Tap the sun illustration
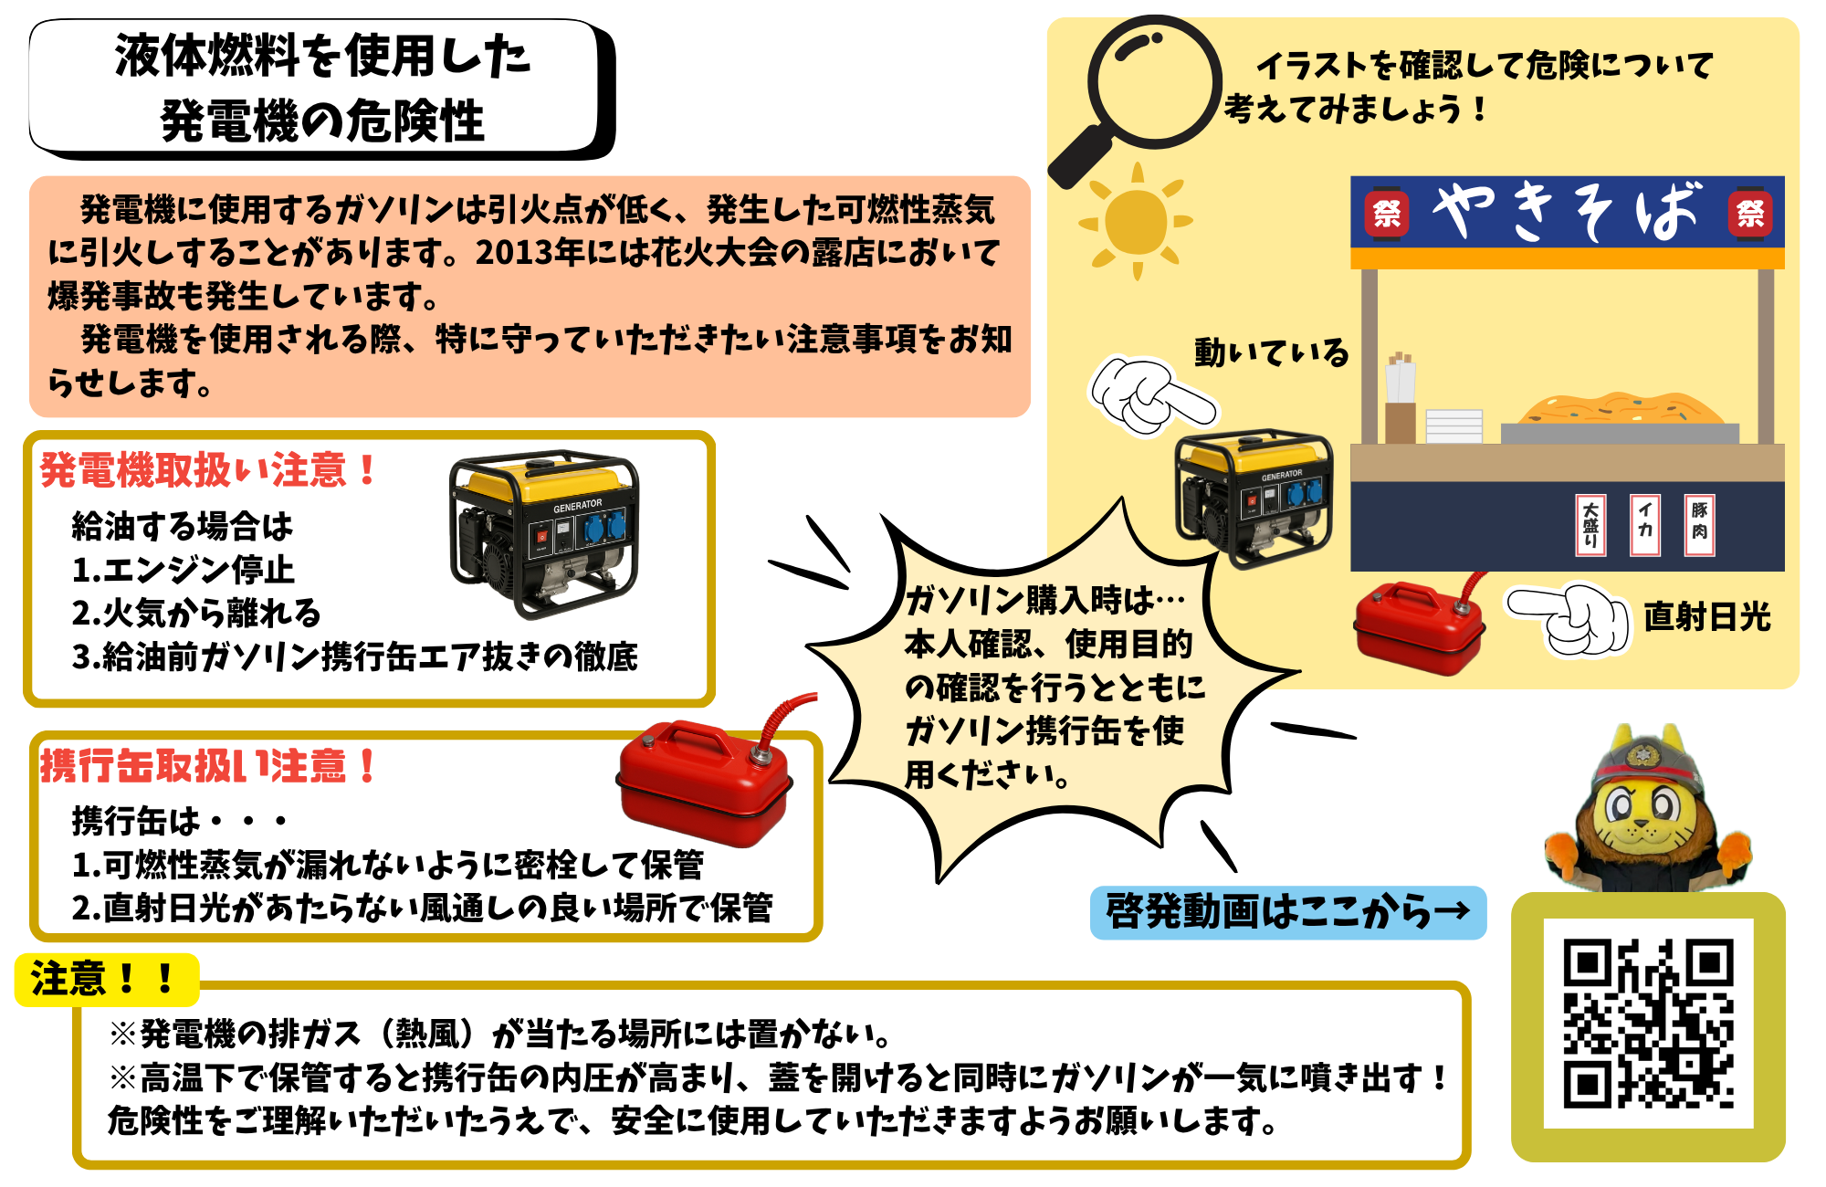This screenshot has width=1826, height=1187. tap(1136, 222)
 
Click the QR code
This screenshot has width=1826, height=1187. tap(1648, 1024)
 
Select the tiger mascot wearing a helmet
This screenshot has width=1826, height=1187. tap(1647, 808)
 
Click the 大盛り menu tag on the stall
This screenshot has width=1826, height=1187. tap(1590, 525)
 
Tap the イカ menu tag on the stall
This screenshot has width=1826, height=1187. tap(1645, 525)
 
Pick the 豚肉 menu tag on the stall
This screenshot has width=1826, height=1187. tap(1700, 525)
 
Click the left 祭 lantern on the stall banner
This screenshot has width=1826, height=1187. tap(1386, 213)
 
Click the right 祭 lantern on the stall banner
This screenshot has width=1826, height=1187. tap(1750, 213)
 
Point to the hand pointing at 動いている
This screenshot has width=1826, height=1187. tap(1152, 395)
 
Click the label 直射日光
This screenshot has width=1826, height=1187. tap(1707, 617)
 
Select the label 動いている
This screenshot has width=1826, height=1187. tap(1272, 352)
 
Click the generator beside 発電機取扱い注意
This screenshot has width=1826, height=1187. tap(544, 534)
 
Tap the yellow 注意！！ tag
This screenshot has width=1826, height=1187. tap(107, 980)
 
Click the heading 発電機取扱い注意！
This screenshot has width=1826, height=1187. tap(208, 470)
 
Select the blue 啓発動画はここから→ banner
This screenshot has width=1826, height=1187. tap(1288, 912)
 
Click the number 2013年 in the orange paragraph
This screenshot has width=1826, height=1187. tap(530, 253)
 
